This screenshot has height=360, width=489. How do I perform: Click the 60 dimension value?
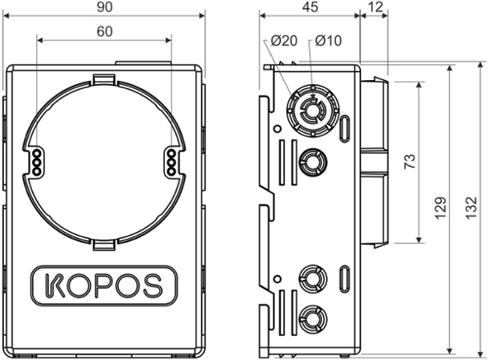[105, 33]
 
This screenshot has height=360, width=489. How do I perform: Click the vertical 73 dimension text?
[409, 162]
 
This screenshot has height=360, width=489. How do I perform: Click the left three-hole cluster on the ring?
[36, 160]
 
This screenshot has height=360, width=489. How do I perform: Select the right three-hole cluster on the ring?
[170, 160]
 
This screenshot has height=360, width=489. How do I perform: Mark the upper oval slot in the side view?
[345, 127]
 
